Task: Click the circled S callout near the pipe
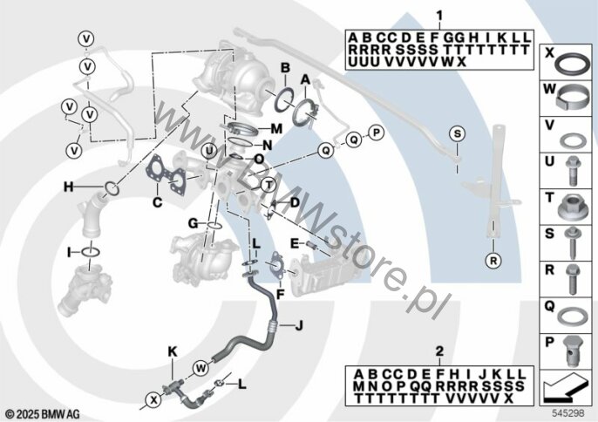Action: click(x=458, y=134)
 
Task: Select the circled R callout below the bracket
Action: click(x=493, y=261)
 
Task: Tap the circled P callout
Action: click(x=376, y=133)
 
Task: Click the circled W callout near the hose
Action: click(x=200, y=369)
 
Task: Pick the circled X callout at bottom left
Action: click(x=154, y=400)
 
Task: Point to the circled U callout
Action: click(x=209, y=152)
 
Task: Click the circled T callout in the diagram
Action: click(x=268, y=186)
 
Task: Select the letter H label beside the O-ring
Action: click(x=69, y=187)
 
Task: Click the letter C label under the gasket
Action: click(x=157, y=202)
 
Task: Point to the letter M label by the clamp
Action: click(x=276, y=129)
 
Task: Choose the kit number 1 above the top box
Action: click(x=439, y=16)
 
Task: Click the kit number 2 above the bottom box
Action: click(x=439, y=351)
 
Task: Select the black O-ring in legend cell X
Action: click(x=573, y=63)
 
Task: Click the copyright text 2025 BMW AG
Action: click(x=43, y=414)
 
